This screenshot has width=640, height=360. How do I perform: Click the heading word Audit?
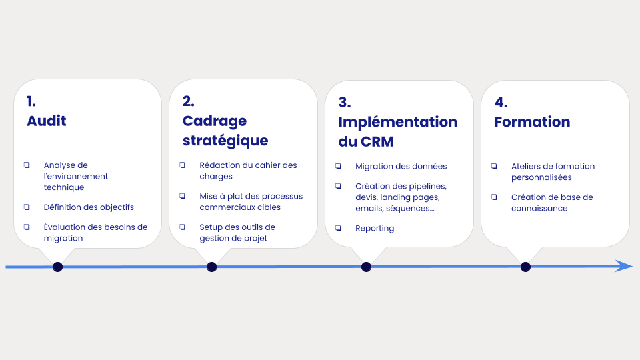pos(47,121)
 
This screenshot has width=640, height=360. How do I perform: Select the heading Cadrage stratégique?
pos(225,131)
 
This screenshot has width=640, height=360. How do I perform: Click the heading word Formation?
pos(532,121)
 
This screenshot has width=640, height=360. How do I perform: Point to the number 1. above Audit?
pos(31,101)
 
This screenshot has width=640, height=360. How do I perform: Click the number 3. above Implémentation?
pos(345,102)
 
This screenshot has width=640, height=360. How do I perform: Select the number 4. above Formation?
pos(501,102)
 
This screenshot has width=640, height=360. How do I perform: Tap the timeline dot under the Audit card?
pos(57,267)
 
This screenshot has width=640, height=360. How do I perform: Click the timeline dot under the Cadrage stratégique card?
pos(212,267)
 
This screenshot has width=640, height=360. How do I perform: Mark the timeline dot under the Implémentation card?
pos(366,267)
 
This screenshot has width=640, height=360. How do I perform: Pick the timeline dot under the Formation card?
pos(525,267)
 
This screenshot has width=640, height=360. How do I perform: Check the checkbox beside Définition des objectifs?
pos(27,207)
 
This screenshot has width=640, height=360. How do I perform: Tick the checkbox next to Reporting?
pos(339,228)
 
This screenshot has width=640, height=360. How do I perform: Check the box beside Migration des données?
pos(339,166)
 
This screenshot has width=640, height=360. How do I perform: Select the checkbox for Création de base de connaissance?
pos(494,197)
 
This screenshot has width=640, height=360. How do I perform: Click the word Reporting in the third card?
pos(375,228)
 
